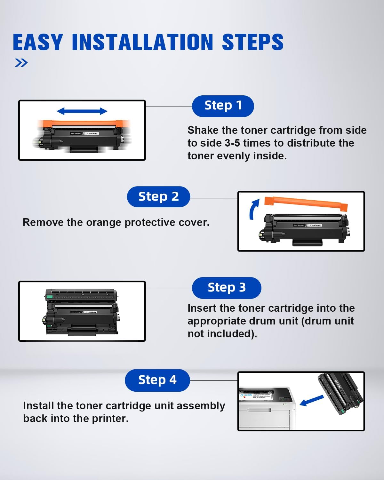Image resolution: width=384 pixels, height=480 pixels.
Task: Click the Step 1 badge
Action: pos(223,106)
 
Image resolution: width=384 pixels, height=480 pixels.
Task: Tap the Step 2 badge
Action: pos(158,196)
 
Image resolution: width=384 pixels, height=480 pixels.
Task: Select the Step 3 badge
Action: pos(227,287)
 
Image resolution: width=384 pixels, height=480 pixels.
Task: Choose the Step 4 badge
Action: pos(157,380)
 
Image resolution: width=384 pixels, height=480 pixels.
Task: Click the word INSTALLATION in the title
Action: pos(142,42)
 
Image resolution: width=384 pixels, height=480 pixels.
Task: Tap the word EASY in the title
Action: pos(38,42)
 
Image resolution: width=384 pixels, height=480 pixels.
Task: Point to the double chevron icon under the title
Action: pos(21,63)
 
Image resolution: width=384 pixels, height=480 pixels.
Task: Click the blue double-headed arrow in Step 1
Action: pos(82,111)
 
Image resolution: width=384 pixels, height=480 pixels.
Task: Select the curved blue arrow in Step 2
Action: pos(254,209)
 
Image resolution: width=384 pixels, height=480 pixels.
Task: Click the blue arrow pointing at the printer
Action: pos(312,400)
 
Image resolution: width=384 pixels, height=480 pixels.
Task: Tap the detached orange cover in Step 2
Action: pos(306,204)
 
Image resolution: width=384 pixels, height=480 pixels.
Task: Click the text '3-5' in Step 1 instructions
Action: pos(232,143)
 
